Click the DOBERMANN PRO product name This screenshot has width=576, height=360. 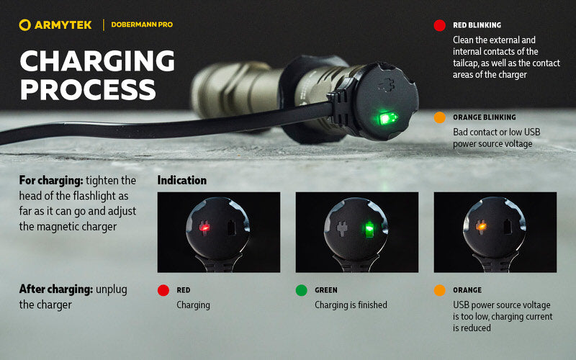142,25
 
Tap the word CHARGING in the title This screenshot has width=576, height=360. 97,61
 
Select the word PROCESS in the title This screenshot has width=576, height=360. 88,89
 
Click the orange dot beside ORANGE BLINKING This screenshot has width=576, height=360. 439,117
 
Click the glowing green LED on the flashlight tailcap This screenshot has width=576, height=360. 387,117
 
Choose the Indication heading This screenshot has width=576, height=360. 181,181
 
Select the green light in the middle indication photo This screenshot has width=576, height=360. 369,230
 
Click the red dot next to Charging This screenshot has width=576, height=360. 163,291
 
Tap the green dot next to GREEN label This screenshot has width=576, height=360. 301,291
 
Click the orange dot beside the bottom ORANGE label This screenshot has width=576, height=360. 439,291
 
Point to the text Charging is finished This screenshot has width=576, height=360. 351,305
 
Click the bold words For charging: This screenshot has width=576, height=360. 50,180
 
